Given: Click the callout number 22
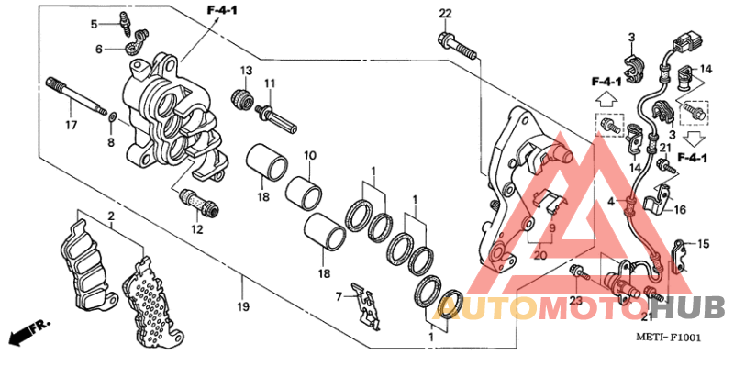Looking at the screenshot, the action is pyautogui.click(x=445, y=14).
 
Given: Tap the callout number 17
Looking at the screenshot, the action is pyautogui.click(x=71, y=126).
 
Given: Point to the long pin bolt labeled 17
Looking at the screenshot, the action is pyautogui.click(x=76, y=97).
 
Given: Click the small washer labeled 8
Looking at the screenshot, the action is pyautogui.click(x=112, y=116).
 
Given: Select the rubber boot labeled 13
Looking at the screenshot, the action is pyautogui.click(x=243, y=98).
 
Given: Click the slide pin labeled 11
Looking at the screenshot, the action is pyautogui.click(x=276, y=119).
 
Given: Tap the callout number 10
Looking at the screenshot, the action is pyautogui.click(x=310, y=154).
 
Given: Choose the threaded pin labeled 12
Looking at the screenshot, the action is pyautogui.click(x=198, y=202).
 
